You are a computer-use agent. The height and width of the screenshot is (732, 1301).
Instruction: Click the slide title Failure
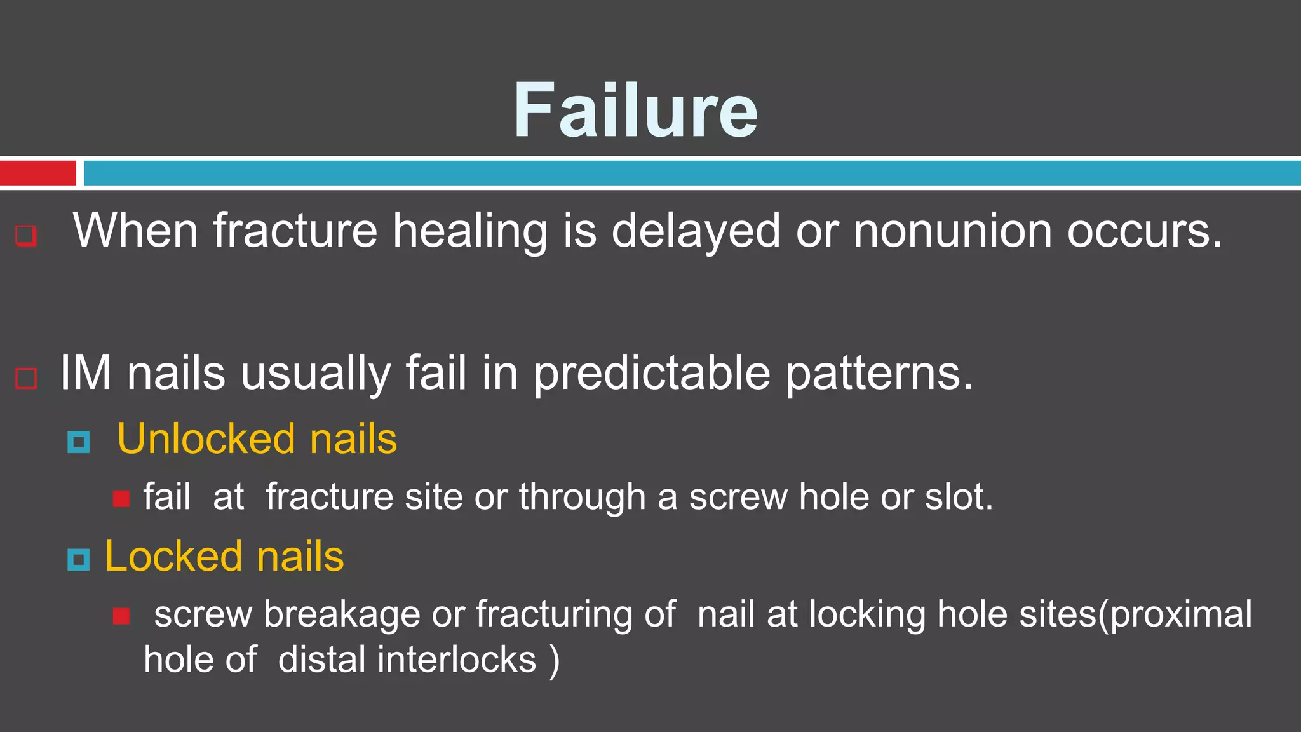click(635, 111)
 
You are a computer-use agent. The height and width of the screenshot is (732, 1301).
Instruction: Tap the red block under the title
click(37, 173)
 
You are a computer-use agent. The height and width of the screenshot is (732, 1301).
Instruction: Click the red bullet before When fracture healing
click(26, 235)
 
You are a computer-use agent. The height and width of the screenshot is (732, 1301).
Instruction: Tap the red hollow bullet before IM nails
click(26, 378)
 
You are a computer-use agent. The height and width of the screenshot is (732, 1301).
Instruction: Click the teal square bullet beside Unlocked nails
click(79, 442)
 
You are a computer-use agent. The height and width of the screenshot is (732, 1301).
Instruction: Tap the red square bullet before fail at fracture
click(121, 498)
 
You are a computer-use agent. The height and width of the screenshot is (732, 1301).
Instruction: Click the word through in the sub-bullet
click(582, 496)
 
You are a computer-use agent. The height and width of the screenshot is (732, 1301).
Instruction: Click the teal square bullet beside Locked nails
click(79, 559)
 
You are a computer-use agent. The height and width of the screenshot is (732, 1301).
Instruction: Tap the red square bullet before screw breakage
click(121, 616)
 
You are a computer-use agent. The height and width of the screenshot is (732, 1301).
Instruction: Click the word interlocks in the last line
click(457, 660)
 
